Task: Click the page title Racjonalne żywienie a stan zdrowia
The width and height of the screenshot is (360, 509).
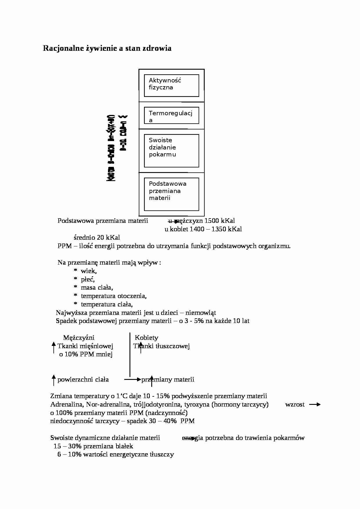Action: tap(107, 48)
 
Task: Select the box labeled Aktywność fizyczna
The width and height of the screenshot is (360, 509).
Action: tap(171, 85)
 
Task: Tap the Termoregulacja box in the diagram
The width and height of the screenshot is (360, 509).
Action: tap(171, 115)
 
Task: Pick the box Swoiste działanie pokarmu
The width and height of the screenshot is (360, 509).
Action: tap(171, 151)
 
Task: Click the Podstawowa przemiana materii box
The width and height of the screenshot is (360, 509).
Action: tap(171, 194)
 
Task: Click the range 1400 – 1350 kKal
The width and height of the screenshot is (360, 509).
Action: tap(216, 229)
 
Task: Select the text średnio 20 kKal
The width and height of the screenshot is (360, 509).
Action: tap(97, 238)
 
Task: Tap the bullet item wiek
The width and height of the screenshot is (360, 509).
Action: tap(89, 271)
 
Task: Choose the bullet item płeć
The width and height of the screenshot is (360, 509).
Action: tap(87, 279)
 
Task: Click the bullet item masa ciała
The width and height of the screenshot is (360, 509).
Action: tap(97, 288)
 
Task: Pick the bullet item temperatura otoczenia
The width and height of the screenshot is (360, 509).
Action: tap(114, 296)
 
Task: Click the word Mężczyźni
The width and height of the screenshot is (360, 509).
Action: tap(79, 338)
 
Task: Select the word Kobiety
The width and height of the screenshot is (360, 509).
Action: tap(147, 338)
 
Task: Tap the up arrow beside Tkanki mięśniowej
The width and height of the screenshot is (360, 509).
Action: tap(53, 347)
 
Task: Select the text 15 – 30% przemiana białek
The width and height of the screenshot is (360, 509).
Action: tap(93, 446)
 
